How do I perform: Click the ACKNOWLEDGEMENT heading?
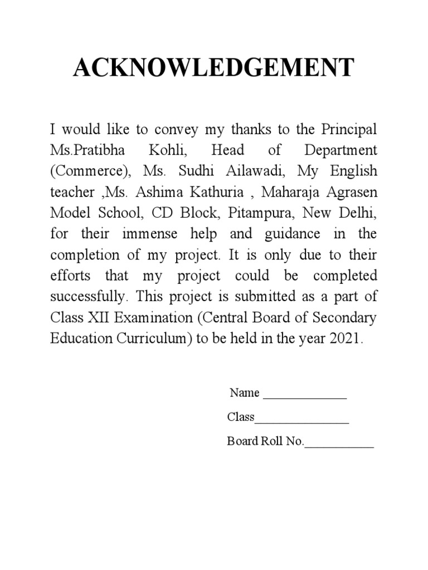(x=213, y=68)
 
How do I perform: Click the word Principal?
(x=349, y=130)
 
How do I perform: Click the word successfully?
(x=86, y=297)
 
